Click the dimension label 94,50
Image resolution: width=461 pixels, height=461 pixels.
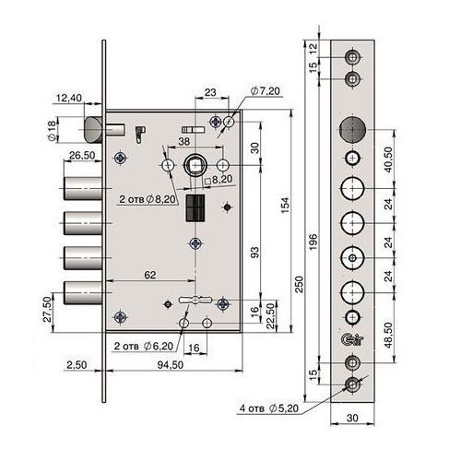click(171, 365)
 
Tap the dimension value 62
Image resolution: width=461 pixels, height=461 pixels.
click(150, 275)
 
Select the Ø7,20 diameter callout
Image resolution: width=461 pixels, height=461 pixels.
click(266, 91)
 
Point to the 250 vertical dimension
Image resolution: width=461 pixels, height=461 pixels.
click(300, 284)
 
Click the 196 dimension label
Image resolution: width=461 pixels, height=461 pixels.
click(313, 242)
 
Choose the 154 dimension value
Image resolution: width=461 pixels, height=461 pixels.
click(285, 206)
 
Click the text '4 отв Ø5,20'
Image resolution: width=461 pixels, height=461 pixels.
click(269, 408)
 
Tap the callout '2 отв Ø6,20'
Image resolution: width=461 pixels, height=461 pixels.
click(144, 346)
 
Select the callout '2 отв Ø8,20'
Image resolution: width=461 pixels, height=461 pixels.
click(148, 199)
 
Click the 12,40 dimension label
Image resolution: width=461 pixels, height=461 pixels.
click(69, 98)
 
